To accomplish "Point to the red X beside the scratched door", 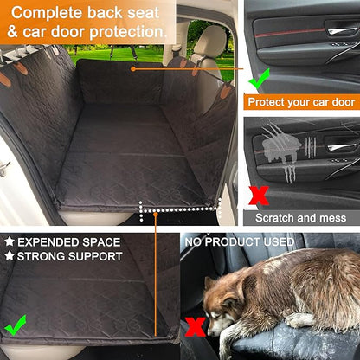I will [258, 195].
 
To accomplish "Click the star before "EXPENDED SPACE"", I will [10, 241].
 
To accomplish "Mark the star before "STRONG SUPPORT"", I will [10, 257].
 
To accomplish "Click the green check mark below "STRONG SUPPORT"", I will [15, 326].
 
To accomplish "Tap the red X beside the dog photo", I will [196, 327].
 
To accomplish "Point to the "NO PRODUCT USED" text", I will [239, 241].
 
